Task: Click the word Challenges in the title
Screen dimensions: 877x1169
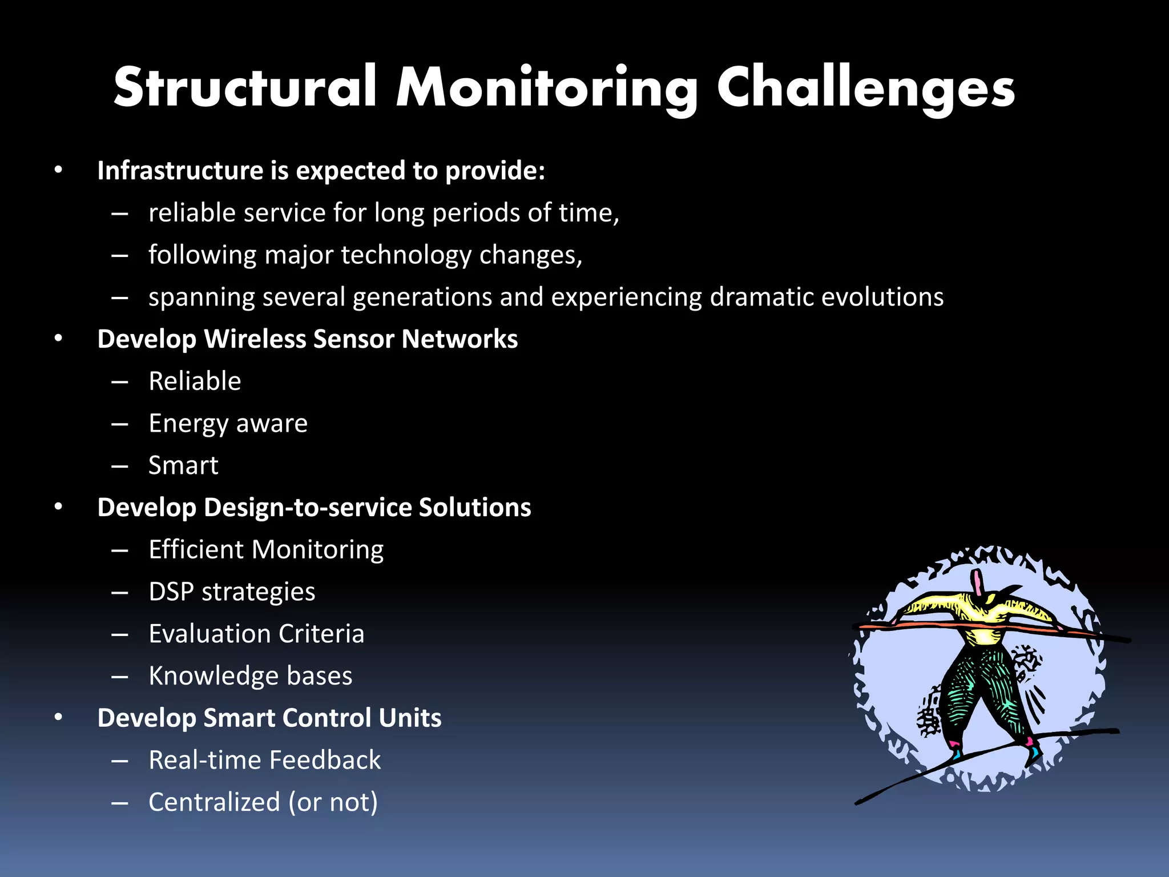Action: pos(865,87)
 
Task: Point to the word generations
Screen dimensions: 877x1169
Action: pos(423,297)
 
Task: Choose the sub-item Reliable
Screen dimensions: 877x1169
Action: pos(195,381)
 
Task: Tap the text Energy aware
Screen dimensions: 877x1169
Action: pos(228,423)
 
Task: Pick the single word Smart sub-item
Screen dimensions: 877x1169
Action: pos(183,465)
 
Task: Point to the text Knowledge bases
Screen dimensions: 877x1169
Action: pos(250,676)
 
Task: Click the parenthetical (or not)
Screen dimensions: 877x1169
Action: pos(333,802)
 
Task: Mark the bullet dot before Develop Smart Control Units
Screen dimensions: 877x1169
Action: pos(58,718)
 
